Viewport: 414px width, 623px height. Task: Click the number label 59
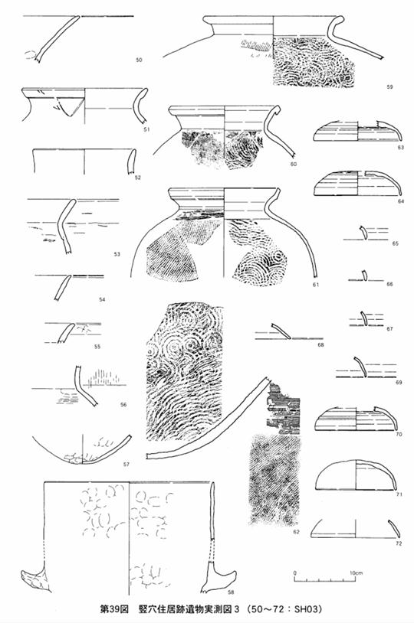(389, 86)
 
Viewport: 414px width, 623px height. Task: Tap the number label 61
(316, 285)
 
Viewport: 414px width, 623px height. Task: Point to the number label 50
(139, 60)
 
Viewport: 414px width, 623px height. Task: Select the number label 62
(295, 532)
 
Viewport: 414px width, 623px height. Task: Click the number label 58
(231, 592)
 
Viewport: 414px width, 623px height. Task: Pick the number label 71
(399, 494)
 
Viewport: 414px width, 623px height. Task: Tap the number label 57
(127, 464)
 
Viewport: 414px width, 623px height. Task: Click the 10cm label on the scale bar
(356, 573)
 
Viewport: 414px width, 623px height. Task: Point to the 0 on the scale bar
(295, 573)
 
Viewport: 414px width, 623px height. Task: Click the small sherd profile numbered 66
(364, 276)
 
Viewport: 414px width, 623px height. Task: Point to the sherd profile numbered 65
(363, 233)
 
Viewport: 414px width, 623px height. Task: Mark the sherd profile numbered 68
(281, 331)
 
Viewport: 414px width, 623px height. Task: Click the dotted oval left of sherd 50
(31, 55)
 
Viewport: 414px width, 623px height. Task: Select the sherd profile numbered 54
(63, 288)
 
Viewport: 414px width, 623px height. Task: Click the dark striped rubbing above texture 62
(284, 409)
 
